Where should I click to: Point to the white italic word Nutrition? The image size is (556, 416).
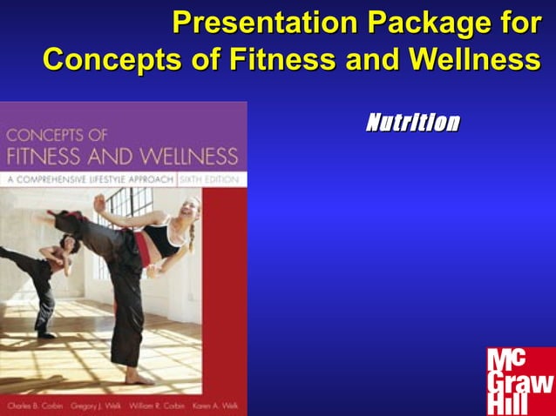coord(412,123)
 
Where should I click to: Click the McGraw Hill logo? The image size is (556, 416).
coord(519,380)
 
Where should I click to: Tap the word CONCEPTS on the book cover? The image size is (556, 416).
coord(45,135)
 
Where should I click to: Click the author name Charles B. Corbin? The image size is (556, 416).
coord(31,406)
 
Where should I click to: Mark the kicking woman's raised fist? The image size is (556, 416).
coord(100,205)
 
